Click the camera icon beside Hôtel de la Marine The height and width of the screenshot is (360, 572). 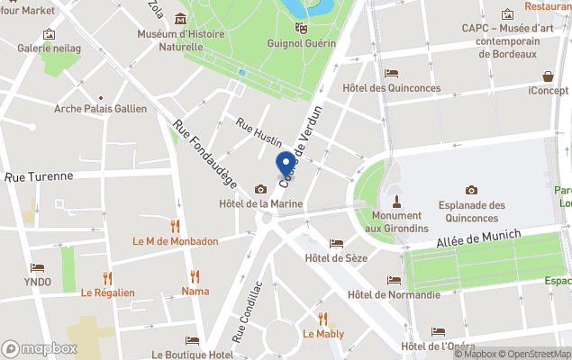[x=260, y=189]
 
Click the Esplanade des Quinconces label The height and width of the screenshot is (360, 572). [x=471, y=211]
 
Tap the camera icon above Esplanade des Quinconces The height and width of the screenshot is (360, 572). [x=471, y=190]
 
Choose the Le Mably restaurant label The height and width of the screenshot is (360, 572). [x=323, y=334]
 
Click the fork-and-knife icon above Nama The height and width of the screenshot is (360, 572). [x=195, y=275]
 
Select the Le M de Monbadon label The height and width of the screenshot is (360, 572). [x=176, y=241]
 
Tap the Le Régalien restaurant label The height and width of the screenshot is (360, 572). [x=107, y=292]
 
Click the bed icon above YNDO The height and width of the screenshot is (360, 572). [x=37, y=267]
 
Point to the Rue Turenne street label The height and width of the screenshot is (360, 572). [x=39, y=177]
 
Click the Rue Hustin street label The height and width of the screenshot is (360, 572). [x=259, y=131]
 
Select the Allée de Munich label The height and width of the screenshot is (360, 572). [x=478, y=237]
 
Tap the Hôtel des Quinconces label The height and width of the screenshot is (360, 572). [x=392, y=88]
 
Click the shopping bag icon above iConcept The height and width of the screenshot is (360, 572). [x=548, y=76]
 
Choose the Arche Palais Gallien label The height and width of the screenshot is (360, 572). [x=100, y=110]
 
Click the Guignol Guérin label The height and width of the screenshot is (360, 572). [x=301, y=43]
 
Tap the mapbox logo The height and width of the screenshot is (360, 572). [x=40, y=348]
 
